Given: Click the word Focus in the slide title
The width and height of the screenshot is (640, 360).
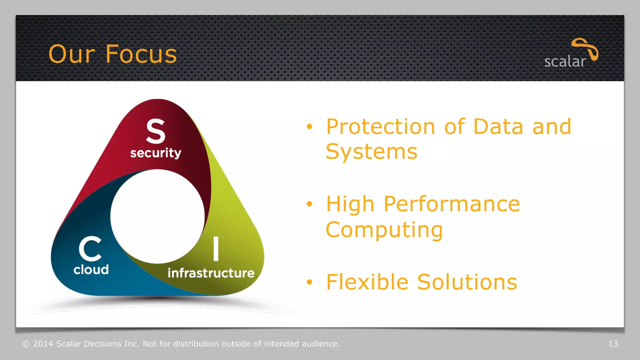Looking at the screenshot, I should coord(141,54).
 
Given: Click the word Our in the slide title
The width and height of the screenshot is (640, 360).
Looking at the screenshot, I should coord(72,54).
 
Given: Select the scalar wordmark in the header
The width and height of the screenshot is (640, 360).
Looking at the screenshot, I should coord(565,62).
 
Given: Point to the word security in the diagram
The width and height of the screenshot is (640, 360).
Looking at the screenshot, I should coord(156,153).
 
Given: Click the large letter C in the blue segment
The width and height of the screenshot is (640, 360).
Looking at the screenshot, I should coord(90,249).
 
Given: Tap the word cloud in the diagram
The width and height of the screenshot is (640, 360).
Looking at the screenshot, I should coord(91,270).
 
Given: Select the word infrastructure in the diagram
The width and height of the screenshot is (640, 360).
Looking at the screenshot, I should coord(211,273).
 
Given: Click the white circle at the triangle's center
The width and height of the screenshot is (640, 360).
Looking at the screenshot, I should coord(157,216).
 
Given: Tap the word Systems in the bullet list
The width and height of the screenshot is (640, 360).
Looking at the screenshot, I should coord(371,152).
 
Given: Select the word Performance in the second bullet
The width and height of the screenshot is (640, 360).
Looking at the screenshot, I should coord(452,204).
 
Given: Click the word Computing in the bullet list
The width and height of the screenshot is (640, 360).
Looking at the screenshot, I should coord(384,230).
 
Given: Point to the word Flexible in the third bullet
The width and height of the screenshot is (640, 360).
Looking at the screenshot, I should coord(367,282).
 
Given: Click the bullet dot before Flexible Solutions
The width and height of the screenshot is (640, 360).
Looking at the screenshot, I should coord(309,282).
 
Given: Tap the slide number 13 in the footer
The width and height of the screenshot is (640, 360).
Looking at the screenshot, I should coord(613,344).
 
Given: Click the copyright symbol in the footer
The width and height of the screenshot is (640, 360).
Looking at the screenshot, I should coord(26,344).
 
